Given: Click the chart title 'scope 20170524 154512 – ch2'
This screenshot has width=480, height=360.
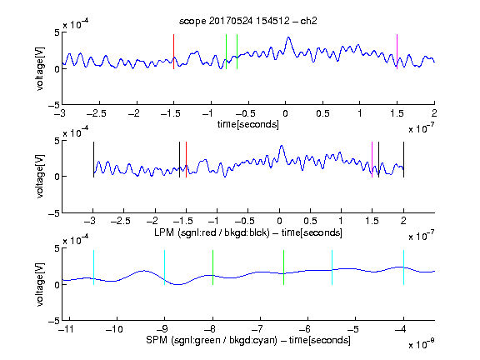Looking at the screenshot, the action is [x=248, y=21].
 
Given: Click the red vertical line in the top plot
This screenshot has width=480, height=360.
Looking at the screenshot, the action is [x=174, y=52].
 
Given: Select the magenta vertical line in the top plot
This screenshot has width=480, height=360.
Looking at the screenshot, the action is [x=397, y=52].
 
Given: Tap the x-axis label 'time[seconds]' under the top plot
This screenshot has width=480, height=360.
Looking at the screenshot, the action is [x=248, y=124].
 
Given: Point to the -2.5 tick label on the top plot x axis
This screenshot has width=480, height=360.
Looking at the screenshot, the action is [x=97, y=113].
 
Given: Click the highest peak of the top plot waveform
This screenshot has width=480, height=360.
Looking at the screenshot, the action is [x=288, y=37].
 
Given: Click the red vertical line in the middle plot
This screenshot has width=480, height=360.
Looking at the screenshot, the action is [x=186, y=159].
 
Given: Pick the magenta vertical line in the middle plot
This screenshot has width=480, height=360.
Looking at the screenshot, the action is [x=372, y=159].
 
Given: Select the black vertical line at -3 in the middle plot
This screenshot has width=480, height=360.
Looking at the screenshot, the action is [x=93, y=159].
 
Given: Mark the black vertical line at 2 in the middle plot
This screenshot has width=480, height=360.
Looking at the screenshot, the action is [x=403, y=159].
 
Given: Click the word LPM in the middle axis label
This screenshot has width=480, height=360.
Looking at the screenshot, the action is [x=164, y=232].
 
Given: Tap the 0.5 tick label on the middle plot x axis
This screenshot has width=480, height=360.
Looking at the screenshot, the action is [x=310, y=221].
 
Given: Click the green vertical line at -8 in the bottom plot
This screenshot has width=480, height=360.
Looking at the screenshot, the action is [x=212, y=267].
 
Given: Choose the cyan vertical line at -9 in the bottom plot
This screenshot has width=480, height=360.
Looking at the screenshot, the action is [x=164, y=267].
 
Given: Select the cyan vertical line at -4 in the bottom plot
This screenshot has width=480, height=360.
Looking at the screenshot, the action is [x=403, y=267].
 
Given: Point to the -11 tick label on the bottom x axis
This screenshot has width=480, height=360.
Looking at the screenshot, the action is [x=67, y=329].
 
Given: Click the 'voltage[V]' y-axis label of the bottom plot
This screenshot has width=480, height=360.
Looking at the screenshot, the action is [x=40, y=284].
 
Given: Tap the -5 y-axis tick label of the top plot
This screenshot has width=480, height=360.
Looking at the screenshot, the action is [x=53, y=105].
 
